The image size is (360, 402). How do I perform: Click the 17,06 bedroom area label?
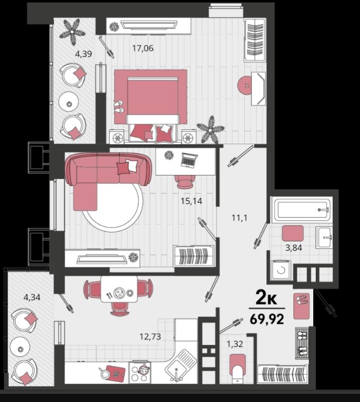[x=143, y=48]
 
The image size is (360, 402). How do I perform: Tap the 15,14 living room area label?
[x=191, y=201]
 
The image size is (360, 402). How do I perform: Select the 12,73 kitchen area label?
[x=150, y=336]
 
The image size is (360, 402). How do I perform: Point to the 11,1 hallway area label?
[x=239, y=218]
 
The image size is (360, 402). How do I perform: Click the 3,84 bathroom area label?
[x=293, y=247]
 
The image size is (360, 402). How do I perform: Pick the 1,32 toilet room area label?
[x=235, y=344]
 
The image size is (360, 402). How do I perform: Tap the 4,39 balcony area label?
[x=84, y=54]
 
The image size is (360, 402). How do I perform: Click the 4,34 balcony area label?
[x=32, y=298]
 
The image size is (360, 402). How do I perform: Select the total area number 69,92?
[x=267, y=319]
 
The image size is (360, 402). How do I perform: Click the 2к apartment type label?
[x=267, y=298]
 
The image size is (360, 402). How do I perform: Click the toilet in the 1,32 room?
[x=238, y=368]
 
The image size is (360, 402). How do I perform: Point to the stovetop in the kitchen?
[x=140, y=372]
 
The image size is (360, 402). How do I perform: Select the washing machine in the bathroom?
[x=281, y=270]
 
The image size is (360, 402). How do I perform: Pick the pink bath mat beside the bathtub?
[x=293, y=234]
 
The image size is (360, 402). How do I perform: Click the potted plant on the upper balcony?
[x=73, y=31]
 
